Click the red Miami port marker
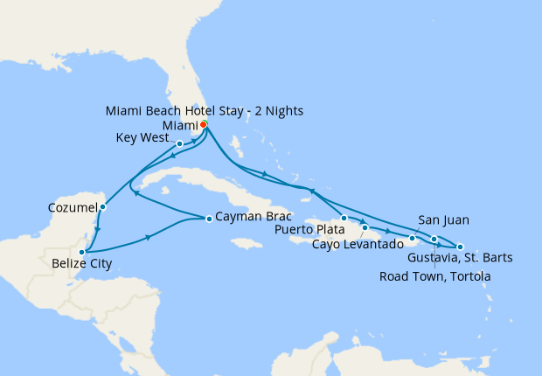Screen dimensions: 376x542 click(x=204, y=125)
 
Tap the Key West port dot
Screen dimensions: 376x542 click(x=179, y=144)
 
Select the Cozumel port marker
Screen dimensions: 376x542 click(x=103, y=207)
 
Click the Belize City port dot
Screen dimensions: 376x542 click(x=81, y=252)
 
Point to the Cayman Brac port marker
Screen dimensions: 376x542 click(x=209, y=219)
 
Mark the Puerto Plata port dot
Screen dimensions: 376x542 click(x=344, y=218)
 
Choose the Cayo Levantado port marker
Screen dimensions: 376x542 click(x=365, y=227)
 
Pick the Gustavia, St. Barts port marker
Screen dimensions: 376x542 click(x=460, y=247)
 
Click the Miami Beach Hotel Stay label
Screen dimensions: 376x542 click(x=205, y=111)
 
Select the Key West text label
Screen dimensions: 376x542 click(x=144, y=138)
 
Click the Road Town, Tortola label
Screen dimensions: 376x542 click(x=435, y=276)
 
